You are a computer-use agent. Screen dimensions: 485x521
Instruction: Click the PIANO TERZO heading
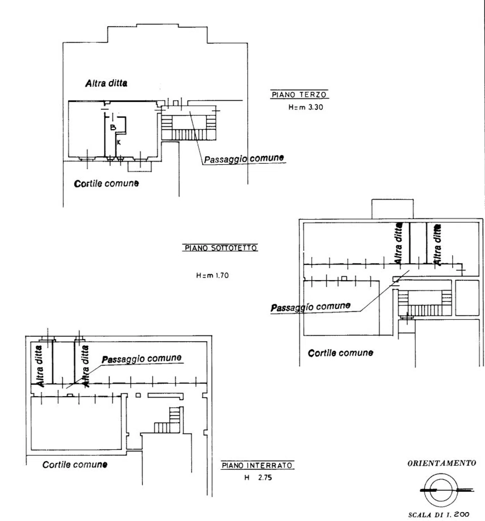[x=299, y=94]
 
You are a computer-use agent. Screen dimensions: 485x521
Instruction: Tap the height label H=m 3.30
[x=305, y=107]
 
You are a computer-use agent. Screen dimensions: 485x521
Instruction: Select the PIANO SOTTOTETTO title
[x=221, y=248]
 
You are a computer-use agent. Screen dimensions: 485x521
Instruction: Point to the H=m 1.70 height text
[x=212, y=275]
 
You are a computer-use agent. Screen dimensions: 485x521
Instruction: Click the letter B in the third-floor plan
[x=113, y=127]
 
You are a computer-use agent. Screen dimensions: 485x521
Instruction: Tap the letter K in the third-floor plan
[x=119, y=142]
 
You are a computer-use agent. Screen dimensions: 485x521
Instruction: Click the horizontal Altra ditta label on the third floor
[x=106, y=83]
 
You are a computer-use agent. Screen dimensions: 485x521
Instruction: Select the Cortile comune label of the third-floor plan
[x=106, y=183]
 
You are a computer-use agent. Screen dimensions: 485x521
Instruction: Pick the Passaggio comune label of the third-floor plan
[x=244, y=159]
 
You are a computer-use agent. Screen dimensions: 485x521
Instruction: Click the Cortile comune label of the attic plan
[x=340, y=353]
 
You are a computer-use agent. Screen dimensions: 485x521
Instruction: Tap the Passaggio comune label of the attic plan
[x=311, y=307]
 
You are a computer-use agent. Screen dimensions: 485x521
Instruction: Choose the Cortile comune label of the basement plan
[x=75, y=465]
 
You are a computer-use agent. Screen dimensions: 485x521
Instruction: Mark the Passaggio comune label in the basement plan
[x=141, y=359]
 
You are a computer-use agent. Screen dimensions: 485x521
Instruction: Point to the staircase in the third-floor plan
[x=189, y=126]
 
